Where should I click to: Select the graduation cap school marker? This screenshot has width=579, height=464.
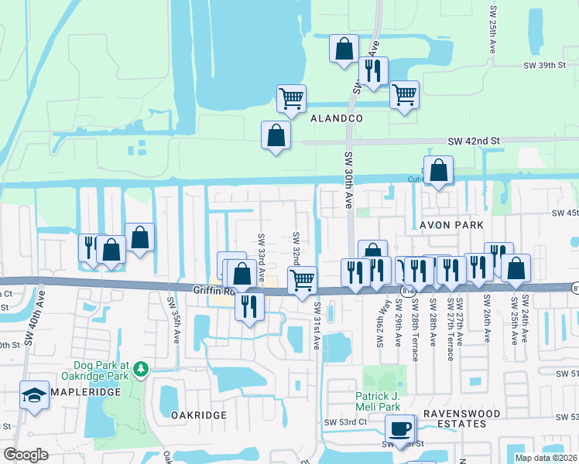pos(35,395)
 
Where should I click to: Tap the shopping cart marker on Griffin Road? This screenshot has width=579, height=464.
pos(302,279)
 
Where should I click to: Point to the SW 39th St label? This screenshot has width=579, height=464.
pos(545,67)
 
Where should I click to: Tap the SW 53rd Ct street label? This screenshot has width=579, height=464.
pos(345,422)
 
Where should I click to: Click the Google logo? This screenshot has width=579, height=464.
pos(26,455)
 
